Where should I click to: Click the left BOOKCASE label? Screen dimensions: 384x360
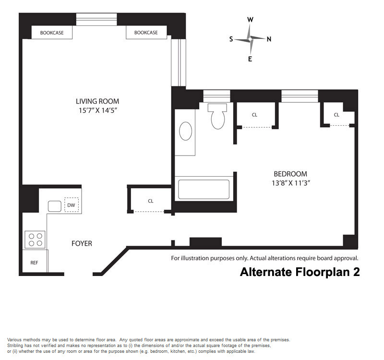(52, 33)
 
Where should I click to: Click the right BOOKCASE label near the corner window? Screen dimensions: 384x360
(146, 33)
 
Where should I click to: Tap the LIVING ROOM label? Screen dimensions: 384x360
(97, 101)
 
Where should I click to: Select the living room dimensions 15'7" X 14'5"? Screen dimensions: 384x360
(97, 110)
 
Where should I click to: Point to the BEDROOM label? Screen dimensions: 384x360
(290, 174)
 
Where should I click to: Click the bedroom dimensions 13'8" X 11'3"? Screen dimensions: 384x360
(291, 183)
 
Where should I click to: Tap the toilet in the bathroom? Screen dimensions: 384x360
(217, 116)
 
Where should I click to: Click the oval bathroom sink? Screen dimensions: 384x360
(186, 131)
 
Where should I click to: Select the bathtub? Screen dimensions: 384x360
(204, 189)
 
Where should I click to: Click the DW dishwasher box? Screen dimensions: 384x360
(71, 205)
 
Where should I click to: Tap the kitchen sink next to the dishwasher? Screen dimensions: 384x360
(55, 206)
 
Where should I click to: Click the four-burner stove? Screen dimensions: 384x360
(35, 240)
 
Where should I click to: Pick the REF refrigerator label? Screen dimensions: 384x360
(34, 263)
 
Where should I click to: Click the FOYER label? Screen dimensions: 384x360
(82, 243)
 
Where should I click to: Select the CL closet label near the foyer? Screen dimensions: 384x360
(151, 201)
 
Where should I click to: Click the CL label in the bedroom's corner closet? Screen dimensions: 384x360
(336, 115)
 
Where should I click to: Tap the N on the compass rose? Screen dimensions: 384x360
(269, 39)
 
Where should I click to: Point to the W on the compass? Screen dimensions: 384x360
(250, 20)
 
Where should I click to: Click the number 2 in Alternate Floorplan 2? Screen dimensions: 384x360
(356, 272)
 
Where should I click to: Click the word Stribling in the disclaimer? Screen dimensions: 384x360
(15, 346)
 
